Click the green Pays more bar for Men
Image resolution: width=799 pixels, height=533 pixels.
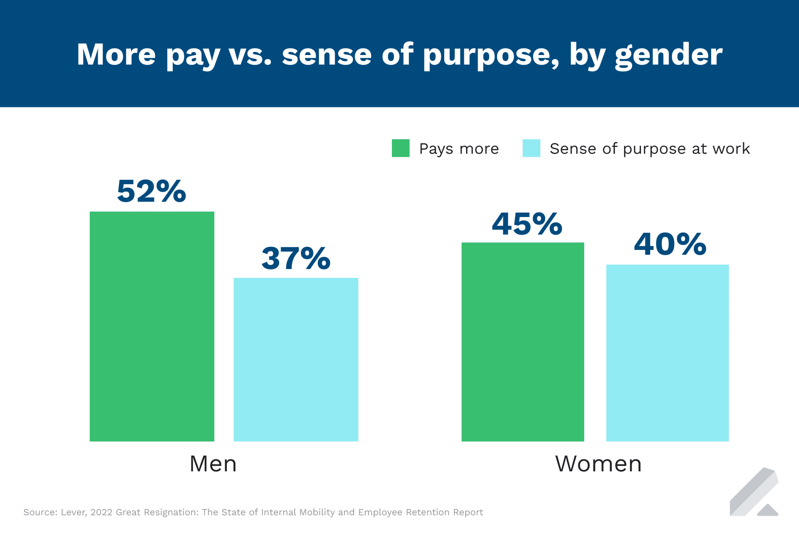pyautogui.click(x=152, y=326)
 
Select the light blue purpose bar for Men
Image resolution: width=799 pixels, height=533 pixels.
pyautogui.click(x=296, y=359)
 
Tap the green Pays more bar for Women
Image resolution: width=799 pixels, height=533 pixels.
pyautogui.click(x=522, y=342)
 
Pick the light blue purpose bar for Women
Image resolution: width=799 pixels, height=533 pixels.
pyautogui.click(x=667, y=353)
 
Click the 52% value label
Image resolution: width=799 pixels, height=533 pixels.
pyautogui.click(x=151, y=191)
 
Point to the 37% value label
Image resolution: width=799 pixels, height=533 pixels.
pyautogui.click(x=296, y=258)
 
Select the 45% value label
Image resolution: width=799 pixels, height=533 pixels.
pyautogui.click(x=527, y=224)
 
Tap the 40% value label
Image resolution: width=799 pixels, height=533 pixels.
pyautogui.click(x=670, y=244)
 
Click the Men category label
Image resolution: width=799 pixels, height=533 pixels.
pyautogui.click(x=213, y=464)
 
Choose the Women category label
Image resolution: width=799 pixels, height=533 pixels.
pyautogui.click(x=598, y=464)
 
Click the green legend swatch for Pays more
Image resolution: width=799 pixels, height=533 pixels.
pyautogui.click(x=400, y=148)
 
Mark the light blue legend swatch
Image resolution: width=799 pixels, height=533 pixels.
pyautogui.click(x=531, y=148)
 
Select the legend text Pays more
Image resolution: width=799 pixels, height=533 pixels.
pyautogui.click(x=459, y=149)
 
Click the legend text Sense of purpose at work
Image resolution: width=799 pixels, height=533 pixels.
pyautogui.click(x=649, y=149)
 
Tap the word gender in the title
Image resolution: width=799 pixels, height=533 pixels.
pyautogui.click(x=668, y=55)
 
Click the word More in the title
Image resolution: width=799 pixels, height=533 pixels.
pyautogui.click(x=116, y=55)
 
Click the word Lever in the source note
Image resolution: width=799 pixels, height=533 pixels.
pyautogui.click(x=72, y=512)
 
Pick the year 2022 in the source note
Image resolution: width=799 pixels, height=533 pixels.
pyautogui.click(x=101, y=512)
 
